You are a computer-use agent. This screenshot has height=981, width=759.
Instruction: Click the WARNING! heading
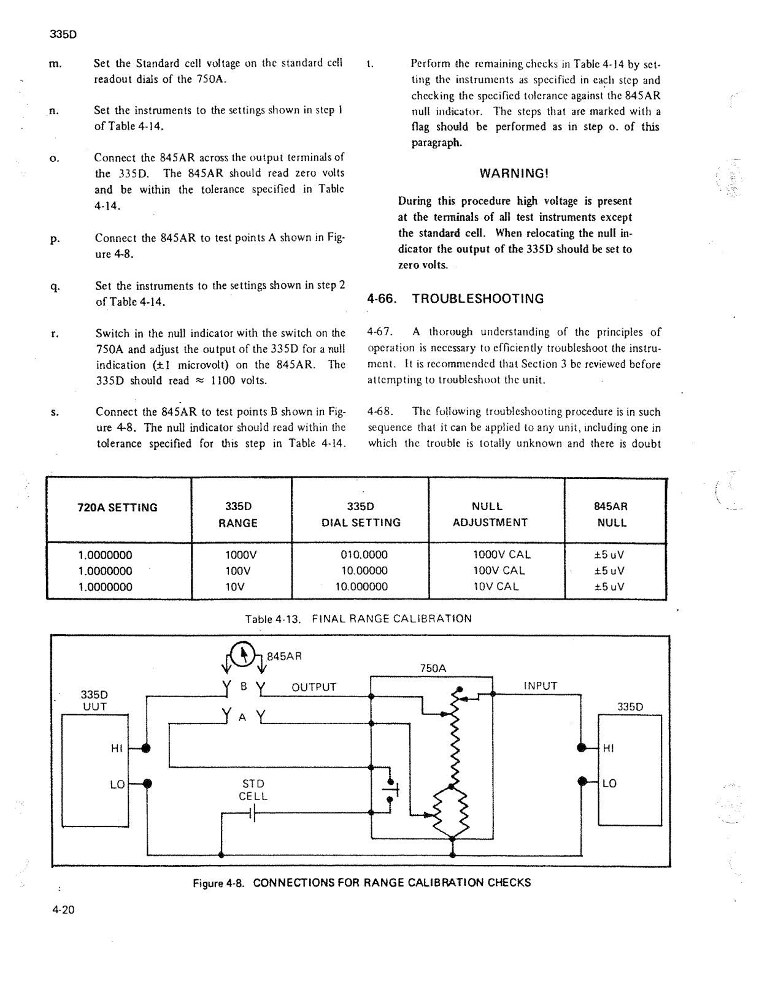point(514,174)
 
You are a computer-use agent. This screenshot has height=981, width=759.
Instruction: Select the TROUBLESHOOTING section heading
point(455,299)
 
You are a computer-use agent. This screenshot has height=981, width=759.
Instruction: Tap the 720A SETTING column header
point(118,508)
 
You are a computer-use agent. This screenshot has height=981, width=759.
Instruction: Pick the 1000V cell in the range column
point(241,555)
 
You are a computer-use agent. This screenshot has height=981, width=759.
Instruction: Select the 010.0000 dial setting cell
point(364,555)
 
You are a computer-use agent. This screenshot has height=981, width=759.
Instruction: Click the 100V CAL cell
point(499,571)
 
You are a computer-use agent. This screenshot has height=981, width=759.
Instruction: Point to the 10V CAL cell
point(496,587)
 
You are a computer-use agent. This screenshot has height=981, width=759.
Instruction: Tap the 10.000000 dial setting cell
point(361,587)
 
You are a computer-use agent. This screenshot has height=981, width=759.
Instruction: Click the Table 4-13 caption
point(358,619)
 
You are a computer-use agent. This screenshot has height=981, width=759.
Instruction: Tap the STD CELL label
point(253,790)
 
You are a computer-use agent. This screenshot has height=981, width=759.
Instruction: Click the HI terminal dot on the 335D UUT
point(145,748)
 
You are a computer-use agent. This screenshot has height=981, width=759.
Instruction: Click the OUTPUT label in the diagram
point(314,687)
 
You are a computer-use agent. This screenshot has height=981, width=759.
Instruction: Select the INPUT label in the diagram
point(540,686)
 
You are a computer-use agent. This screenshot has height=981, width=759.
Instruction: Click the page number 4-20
point(63,910)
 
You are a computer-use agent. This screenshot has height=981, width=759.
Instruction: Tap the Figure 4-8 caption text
point(361,883)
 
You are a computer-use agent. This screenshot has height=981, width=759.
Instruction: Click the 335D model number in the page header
point(63,34)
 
